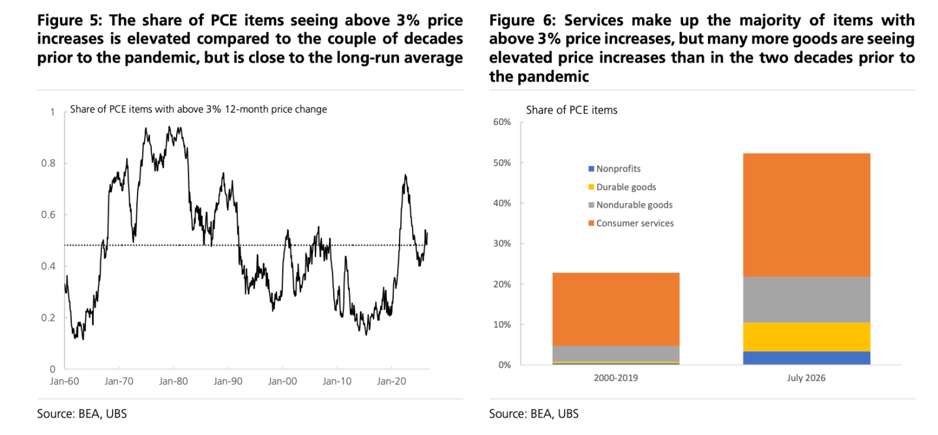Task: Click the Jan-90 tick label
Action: point(227,382)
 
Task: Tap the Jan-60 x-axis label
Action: point(65,382)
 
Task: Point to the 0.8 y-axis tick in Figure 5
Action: point(48,163)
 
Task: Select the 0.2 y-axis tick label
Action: point(48,318)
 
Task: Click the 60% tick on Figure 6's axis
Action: point(502,122)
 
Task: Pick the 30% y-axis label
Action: point(502,244)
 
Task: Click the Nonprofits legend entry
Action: point(614,169)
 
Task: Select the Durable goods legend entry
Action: point(622,187)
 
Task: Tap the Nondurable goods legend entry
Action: point(630,205)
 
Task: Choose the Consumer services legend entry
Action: point(631,223)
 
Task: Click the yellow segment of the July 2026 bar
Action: point(806,337)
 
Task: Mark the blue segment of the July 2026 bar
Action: point(806,358)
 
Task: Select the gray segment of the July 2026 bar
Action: point(806,300)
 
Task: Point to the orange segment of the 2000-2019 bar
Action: point(616,309)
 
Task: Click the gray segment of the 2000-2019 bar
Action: point(616,354)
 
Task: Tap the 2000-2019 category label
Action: point(615,378)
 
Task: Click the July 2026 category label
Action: point(806,378)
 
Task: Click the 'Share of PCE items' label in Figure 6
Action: point(572,110)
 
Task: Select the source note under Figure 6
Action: point(533,414)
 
